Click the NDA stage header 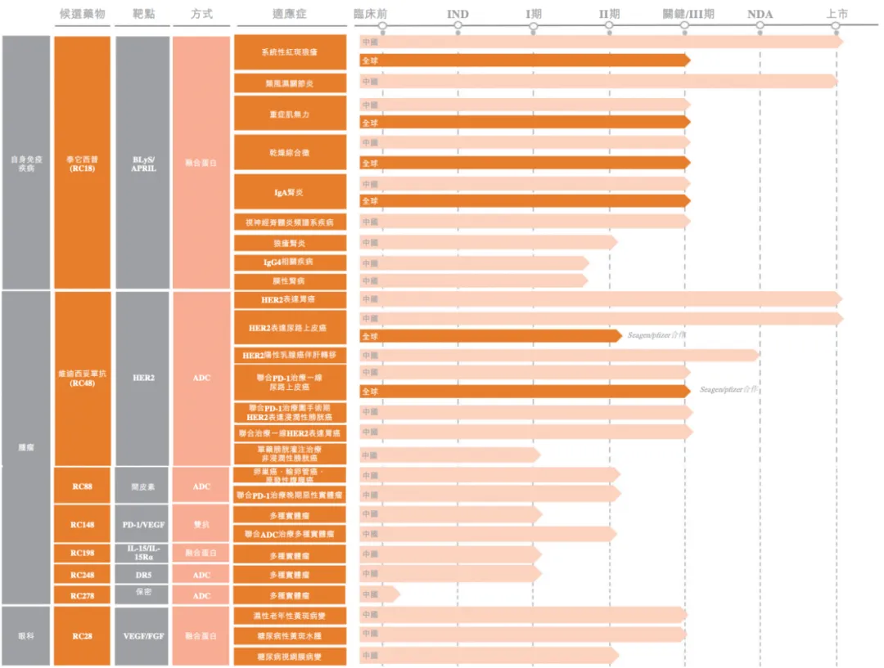(x=760, y=14)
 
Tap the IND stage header (x=458, y=14)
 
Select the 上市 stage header (x=837, y=14)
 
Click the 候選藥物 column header (x=83, y=14)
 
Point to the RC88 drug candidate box (x=82, y=486)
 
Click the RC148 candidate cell (x=82, y=524)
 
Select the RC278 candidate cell (x=82, y=596)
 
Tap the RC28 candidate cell (x=82, y=635)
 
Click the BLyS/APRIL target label (x=143, y=164)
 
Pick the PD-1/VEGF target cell (x=143, y=524)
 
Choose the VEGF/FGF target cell (x=143, y=635)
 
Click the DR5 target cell (x=143, y=575)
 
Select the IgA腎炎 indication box (x=290, y=192)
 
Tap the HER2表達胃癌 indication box (x=290, y=300)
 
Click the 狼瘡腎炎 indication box (x=290, y=243)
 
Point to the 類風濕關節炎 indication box (x=290, y=83)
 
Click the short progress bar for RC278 (x=379, y=594)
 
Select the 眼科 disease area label (x=27, y=635)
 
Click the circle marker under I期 (x=534, y=26)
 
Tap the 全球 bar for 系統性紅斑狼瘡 (x=524, y=60)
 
